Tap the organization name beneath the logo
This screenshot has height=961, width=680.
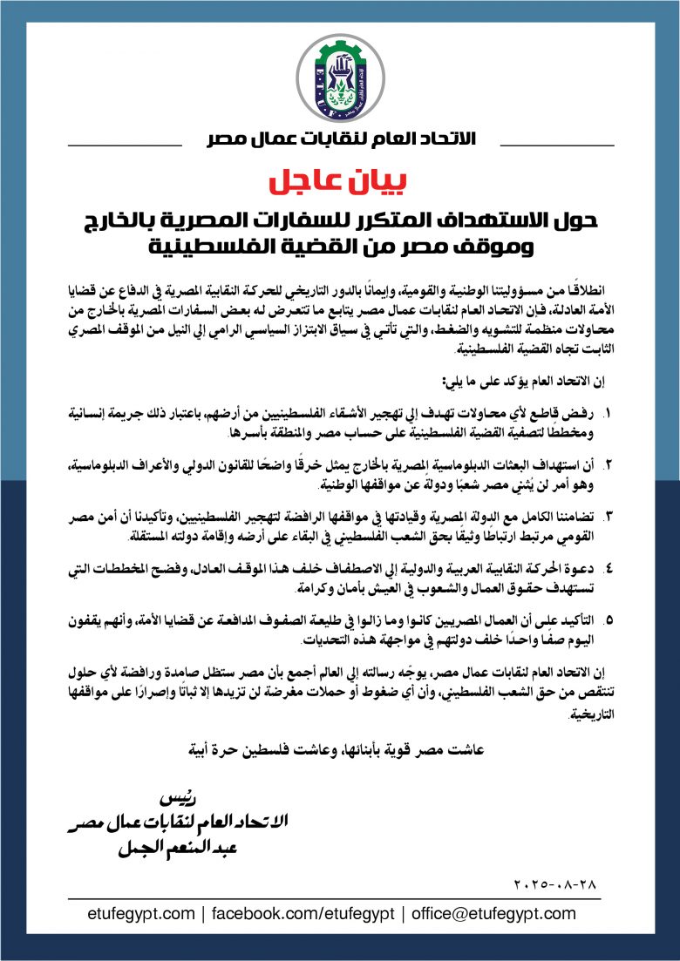[x=339, y=139]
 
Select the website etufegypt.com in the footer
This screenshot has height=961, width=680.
[x=141, y=914]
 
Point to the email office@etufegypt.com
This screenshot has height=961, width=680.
[x=492, y=914]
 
